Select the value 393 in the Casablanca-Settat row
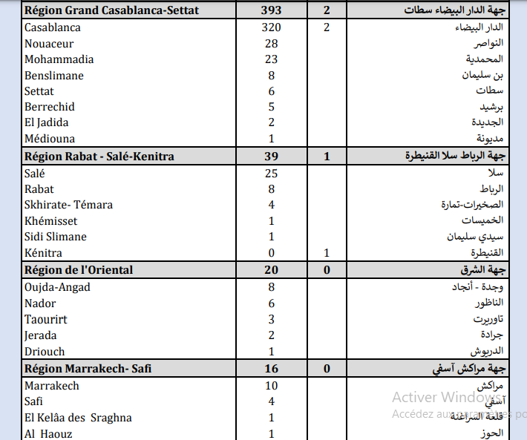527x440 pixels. coord(272,10)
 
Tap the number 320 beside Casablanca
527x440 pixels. coord(272,27)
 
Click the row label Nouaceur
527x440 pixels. coord(49,44)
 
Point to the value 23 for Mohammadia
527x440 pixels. coord(272,59)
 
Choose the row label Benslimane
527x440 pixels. coord(54,76)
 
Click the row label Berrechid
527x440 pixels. coord(50,107)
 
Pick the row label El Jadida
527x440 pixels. coord(46,122)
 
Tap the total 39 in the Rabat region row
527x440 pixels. coord(272,157)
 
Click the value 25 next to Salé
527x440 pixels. coord(272,174)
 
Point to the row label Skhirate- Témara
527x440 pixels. coord(68,205)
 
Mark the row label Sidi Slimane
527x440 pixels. coord(56,237)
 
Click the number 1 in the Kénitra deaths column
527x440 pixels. coord(327,253)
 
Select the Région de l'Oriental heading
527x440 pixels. coord(79,270)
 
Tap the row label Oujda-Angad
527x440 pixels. coord(56,287)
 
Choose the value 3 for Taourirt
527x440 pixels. coord(272,319)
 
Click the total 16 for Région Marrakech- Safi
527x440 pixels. coord(272,368)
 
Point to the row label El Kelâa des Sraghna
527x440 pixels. coord(78,418)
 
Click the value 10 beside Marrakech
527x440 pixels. coord(272,386)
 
